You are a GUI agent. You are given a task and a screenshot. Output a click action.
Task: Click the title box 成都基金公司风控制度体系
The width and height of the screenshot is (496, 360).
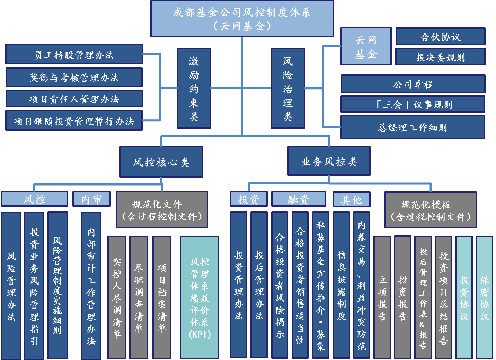click(242, 19)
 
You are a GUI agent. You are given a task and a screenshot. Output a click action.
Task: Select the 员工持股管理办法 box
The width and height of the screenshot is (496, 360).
click(74, 54)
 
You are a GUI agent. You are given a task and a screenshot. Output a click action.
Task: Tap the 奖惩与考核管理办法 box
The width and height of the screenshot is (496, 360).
click(74, 77)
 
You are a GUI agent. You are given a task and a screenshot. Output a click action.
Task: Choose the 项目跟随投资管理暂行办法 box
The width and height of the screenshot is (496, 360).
click(74, 121)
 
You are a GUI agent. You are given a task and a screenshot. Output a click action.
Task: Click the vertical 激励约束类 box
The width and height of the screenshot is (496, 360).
click(194, 88)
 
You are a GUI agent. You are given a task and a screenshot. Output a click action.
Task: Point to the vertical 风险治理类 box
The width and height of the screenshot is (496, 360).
click(287, 88)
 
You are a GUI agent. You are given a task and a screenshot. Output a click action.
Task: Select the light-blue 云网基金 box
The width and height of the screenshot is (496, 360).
click(366, 46)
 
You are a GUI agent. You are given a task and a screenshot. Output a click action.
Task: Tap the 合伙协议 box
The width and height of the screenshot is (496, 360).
click(440, 36)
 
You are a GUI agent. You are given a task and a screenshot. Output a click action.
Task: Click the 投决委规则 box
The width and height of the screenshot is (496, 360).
click(440, 57)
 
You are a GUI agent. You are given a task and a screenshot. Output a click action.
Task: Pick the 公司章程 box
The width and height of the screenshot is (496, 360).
click(413, 84)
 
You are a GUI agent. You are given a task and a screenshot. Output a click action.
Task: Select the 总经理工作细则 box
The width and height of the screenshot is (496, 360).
click(413, 127)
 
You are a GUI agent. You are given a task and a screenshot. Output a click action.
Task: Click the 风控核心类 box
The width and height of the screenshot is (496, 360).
click(161, 162)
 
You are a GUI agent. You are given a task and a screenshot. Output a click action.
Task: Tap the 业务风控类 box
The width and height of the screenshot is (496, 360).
click(329, 161)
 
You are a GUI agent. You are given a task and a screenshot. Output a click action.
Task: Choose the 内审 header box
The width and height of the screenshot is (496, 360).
click(91, 199)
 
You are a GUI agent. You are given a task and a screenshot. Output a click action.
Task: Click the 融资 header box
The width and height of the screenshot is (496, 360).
click(299, 199)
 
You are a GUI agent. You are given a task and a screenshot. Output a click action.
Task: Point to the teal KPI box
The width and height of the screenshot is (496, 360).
click(200, 297)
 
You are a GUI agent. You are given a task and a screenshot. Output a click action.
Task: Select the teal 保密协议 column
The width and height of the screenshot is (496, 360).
click(484, 297)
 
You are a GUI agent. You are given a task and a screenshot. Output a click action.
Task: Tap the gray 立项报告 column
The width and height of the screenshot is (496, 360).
click(382, 297)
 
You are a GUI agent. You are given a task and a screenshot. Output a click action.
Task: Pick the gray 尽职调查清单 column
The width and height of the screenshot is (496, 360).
click(139, 297)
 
